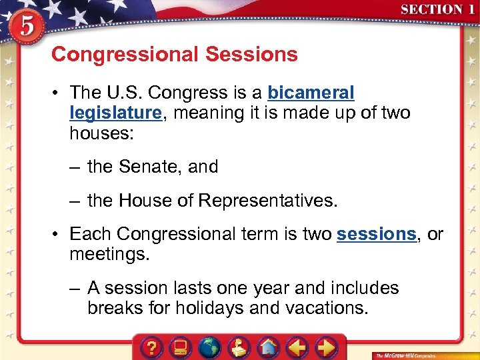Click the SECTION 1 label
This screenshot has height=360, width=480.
pos(437,10)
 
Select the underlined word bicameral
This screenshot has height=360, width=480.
pos(311,93)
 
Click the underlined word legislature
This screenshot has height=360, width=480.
pos(115,113)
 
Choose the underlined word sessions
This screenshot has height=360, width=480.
pos(376,234)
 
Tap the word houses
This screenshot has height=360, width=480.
pos(101,133)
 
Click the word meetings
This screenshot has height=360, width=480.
pos(110,255)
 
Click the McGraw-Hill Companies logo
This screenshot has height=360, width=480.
pos(407,354)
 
